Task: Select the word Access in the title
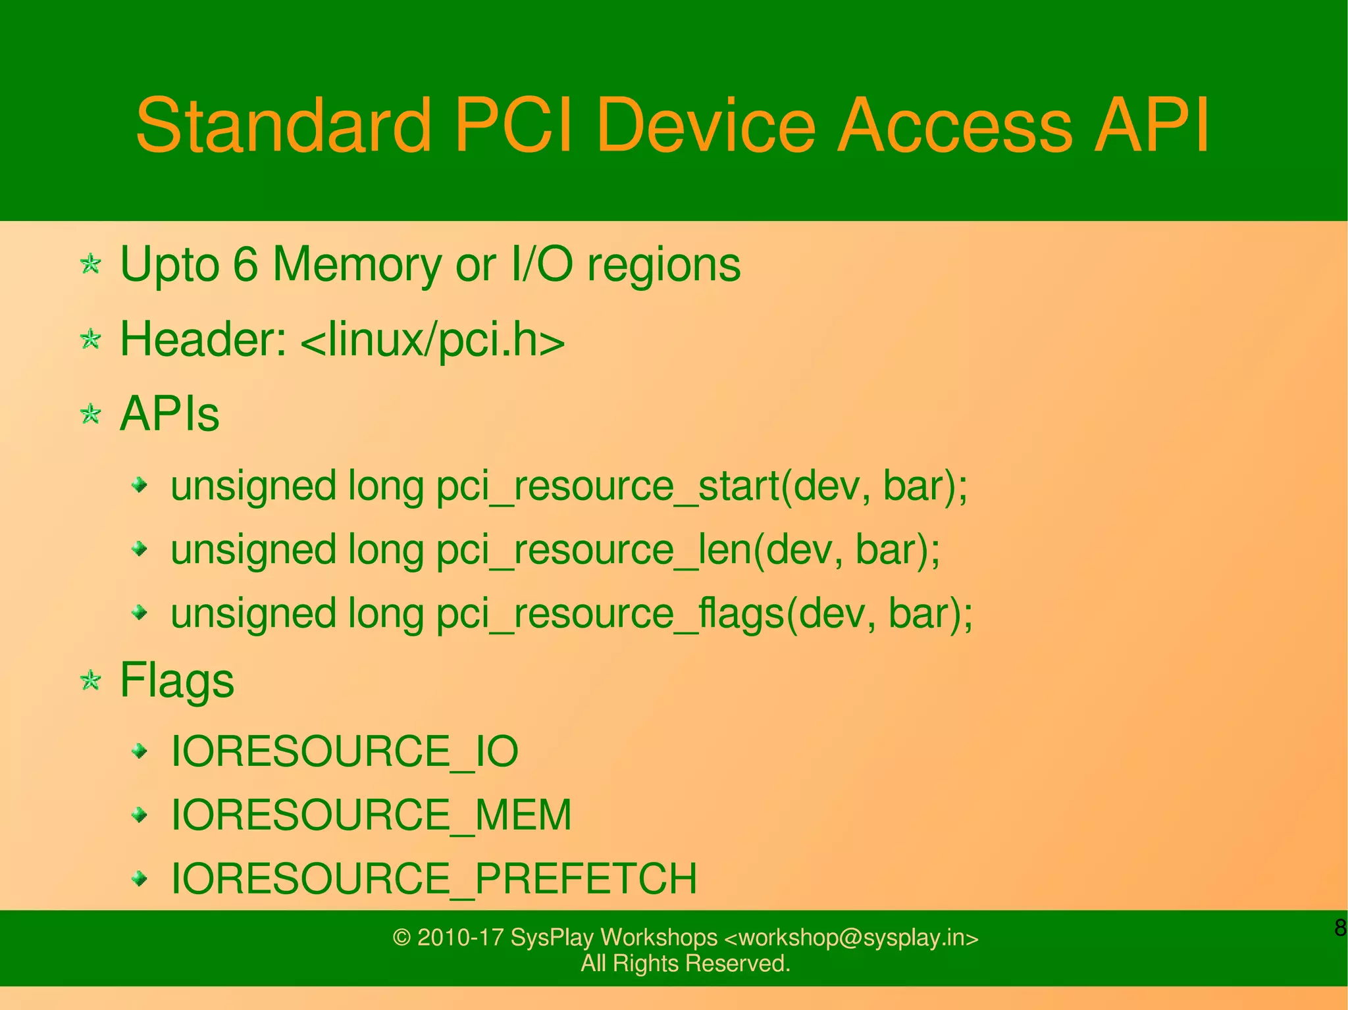(x=954, y=125)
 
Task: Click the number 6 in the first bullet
(x=245, y=265)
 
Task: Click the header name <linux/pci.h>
(x=432, y=340)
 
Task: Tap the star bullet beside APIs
(x=90, y=415)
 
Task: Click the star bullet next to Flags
(x=90, y=680)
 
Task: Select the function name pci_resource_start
(x=607, y=487)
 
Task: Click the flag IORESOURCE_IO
(x=344, y=751)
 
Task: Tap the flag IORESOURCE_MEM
(x=371, y=815)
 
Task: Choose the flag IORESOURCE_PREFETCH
(x=433, y=878)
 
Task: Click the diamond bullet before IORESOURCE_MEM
(x=139, y=815)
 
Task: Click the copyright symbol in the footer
(x=402, y=937)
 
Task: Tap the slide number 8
(x=1339, y=928)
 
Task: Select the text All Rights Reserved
(x=685, y=963)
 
